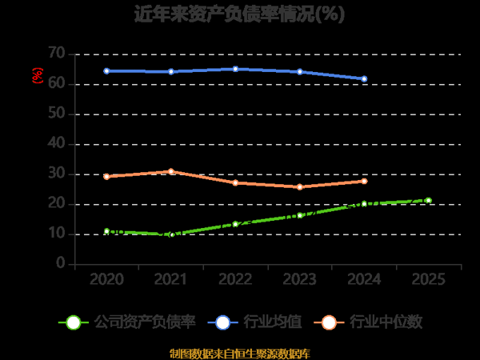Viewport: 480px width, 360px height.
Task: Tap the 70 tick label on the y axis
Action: point(56,54)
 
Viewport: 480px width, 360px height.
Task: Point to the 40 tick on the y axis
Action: point(56,144)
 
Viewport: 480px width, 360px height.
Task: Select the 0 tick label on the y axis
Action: point(60,264)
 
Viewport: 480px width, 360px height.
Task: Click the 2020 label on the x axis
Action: point(106,280)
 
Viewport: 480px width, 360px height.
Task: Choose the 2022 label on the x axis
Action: point(235,280)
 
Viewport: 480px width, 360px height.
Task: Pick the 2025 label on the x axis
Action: point(428,280)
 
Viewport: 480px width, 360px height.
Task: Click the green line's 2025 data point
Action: point(428,200)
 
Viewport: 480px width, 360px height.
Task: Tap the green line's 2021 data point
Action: point(171,234)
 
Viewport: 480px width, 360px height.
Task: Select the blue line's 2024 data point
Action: point(364,79)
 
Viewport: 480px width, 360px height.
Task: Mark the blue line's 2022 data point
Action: point(235,69)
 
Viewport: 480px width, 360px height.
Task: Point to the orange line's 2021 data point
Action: point(171,171)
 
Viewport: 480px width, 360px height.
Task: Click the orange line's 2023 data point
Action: point(300,187)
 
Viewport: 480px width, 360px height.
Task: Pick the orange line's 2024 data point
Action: point(364,181)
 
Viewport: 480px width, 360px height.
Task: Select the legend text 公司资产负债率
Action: point(145,322)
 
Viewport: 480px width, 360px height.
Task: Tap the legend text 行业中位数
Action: point(386,322)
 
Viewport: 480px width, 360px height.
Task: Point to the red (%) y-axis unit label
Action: point(36,75)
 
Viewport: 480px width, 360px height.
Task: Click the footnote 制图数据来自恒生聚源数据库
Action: point(240,353)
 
